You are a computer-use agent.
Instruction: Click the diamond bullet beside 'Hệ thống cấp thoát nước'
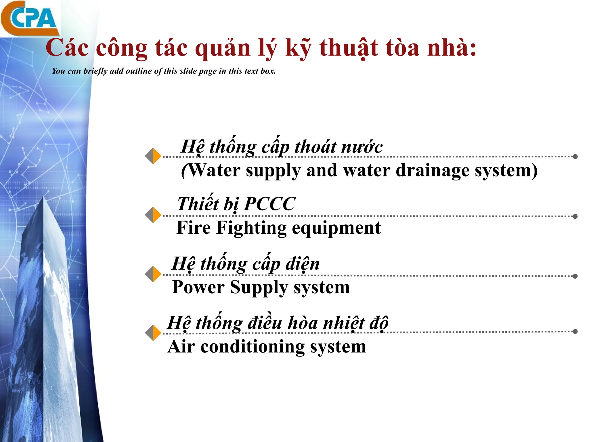click(153, 156)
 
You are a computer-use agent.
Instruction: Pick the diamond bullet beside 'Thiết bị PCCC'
click(153, 215)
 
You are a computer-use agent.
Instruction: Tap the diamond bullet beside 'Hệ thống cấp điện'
click(153, 274)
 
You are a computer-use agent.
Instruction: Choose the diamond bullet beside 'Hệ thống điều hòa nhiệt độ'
click(153, 333)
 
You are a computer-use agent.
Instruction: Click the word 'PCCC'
click(270, 204)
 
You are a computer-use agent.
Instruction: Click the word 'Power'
click(198, 287)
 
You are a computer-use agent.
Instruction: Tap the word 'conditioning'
click(252, 346)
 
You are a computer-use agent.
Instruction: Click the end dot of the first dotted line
click(575, 157)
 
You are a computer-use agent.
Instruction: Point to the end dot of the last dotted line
click(575, 331)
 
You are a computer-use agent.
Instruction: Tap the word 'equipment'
click(336, 228)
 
